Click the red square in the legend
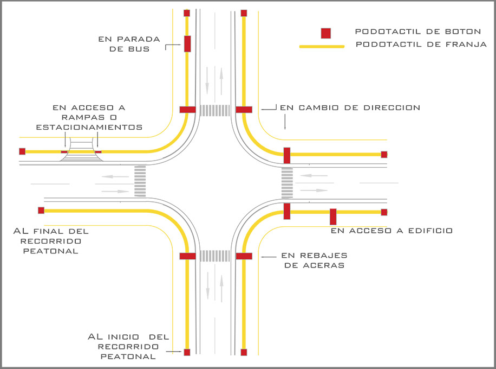pos(325,33)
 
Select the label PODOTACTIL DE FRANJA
pos(421,44)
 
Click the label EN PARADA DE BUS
pos(129,43)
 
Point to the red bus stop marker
pos(187,43)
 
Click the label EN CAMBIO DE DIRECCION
pos(350,107)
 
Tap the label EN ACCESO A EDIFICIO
pos(391,231)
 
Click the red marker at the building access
pos(333,217)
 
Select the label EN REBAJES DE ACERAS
pos(314,260)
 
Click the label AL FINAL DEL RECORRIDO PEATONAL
pos(51,241)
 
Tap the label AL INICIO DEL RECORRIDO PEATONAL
pos(129,347)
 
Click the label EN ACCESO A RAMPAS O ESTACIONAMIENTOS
pos(89,117)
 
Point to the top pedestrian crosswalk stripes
pos(214,110)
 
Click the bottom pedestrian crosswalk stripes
pos(214,256)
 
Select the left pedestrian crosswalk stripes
pos(140,181)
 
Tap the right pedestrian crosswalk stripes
pos(287,183)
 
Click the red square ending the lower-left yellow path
pos(41,210)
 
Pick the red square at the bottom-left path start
pos(187,352)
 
